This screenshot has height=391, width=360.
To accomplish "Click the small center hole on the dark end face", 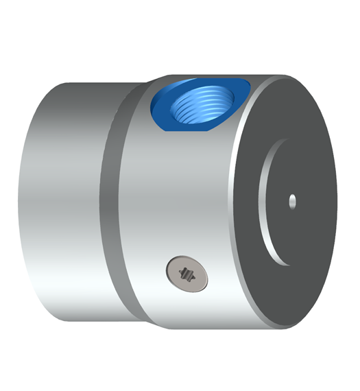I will [x=293, y=200].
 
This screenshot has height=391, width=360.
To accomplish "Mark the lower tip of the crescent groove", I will [x=283, y=263].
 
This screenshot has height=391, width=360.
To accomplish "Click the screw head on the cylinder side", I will [x=187, y=274].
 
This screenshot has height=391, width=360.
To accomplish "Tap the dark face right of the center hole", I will [x=315, y=200].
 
